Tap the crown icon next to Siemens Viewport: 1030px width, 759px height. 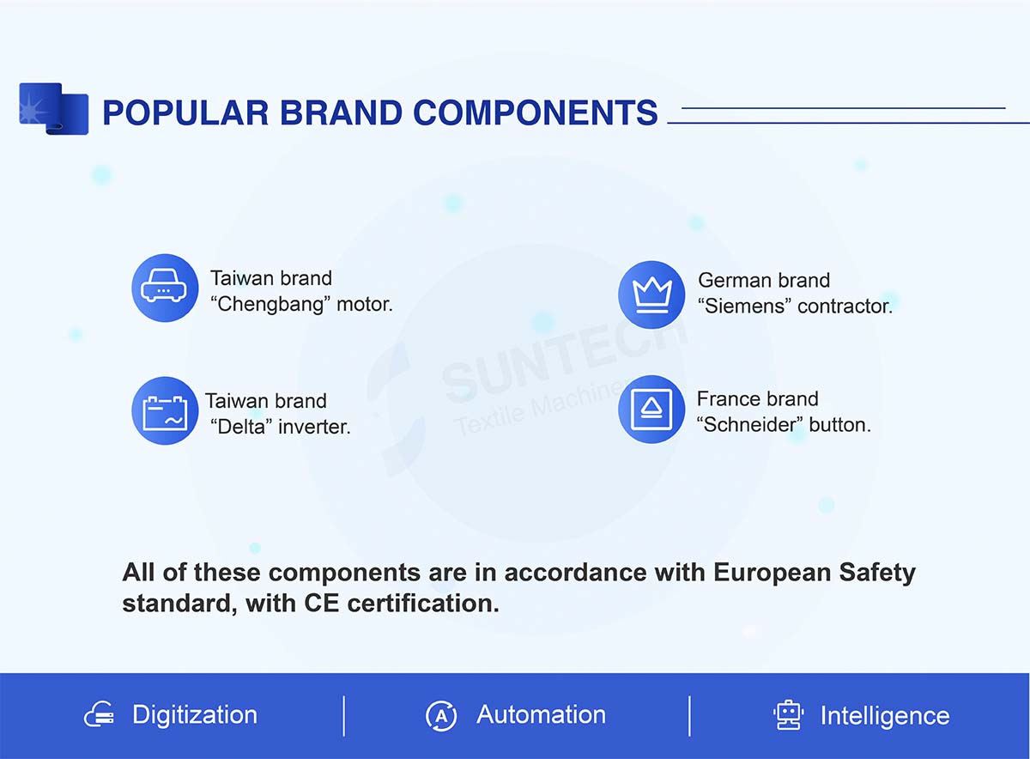[651, 294]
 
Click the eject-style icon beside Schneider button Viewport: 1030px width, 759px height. [651, 410]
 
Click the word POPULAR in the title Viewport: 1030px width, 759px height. [185, 112]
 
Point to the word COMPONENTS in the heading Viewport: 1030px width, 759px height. [536, 112]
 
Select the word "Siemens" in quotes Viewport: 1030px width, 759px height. [744, 307]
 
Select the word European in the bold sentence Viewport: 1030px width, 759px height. [772, 574]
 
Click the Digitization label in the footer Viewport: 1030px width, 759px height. [195, 715]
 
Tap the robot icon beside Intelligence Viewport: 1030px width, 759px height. [788, 715]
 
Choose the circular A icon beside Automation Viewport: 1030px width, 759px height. [441, 715]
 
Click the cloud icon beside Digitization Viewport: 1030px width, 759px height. [99, 715]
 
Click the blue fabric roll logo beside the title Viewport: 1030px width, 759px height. [53, 108]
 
